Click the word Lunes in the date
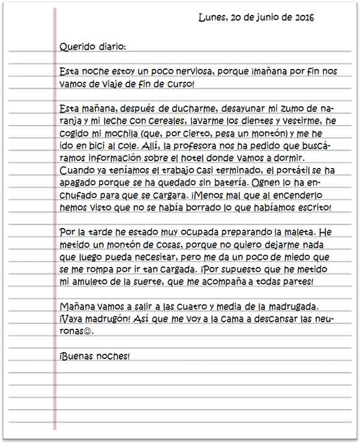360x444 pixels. pyautogui.click(x=211, y=17)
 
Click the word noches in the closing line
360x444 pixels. pyautogui.click(x=110, y=356)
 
